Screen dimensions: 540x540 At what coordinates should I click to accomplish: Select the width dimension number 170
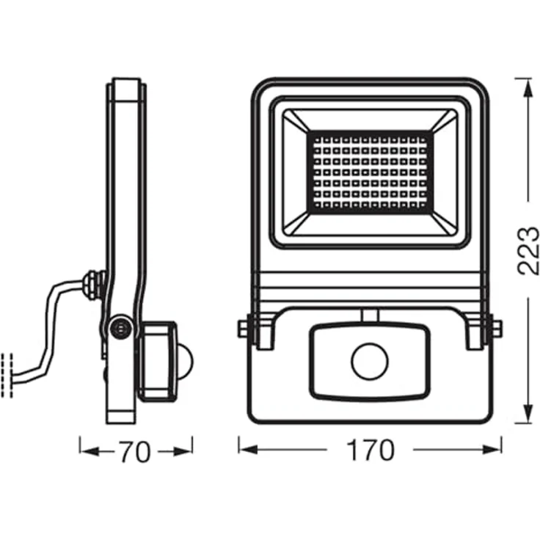click(x=371, y=450)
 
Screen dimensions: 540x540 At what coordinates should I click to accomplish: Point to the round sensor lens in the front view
click(x=369, y=361)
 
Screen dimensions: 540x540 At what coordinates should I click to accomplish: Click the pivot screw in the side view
click(x=118, y=328)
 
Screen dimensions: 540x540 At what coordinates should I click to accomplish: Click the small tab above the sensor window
click(x=370, y=315)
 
